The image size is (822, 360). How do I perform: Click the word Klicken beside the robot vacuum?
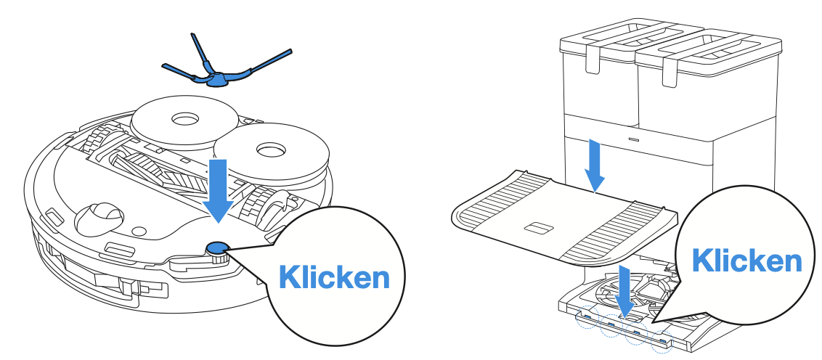(x=335, y=277)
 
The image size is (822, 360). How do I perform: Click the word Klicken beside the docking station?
(x=746, y=260)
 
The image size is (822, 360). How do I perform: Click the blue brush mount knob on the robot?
(x=216, y=249)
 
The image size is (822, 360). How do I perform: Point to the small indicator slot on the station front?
(x=633, y=138)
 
